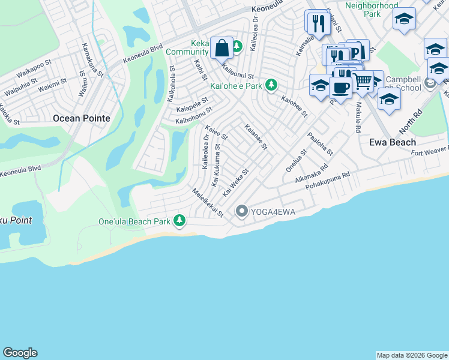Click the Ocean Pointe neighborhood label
point(82,118)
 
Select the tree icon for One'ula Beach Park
point(179,221)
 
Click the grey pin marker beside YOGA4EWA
point(242,211)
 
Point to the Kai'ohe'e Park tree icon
point(272,85)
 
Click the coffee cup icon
point(341,88)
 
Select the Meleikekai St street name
point(208,203)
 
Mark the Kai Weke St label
point(235,182)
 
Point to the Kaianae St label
point(256,137)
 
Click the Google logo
point(20,353)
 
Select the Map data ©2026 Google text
point(411,355)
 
